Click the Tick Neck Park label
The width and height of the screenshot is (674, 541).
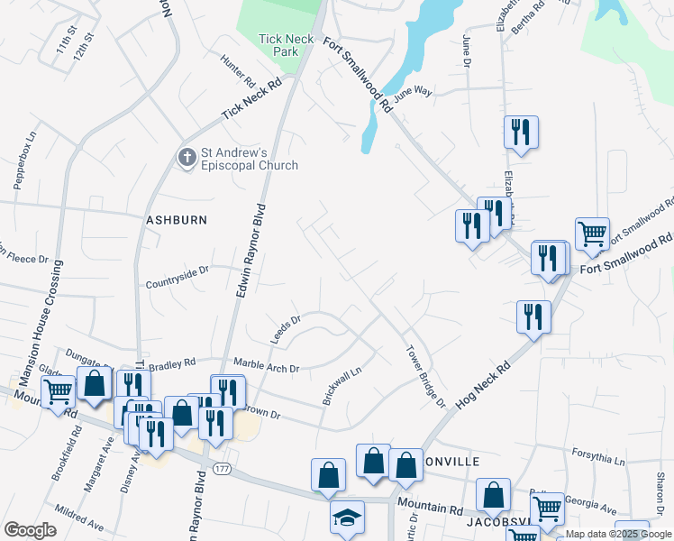click(285, 45)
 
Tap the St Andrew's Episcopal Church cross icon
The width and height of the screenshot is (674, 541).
click(187, 159)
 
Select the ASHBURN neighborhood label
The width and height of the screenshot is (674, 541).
click(178, 220)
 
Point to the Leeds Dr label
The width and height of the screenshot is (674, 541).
click(285, 328)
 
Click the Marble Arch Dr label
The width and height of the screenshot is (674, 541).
click(266, 367)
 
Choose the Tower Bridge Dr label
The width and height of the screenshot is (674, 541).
click(425, 376)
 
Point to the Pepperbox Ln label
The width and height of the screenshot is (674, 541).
click(23, 160)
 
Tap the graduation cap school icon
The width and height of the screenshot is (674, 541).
click(347, 518)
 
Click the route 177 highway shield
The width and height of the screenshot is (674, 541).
click(222, 467)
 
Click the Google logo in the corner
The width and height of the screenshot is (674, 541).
click(30, 530)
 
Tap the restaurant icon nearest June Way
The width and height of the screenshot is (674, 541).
click(521, 132)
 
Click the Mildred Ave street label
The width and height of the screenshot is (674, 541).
click(79, 522)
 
